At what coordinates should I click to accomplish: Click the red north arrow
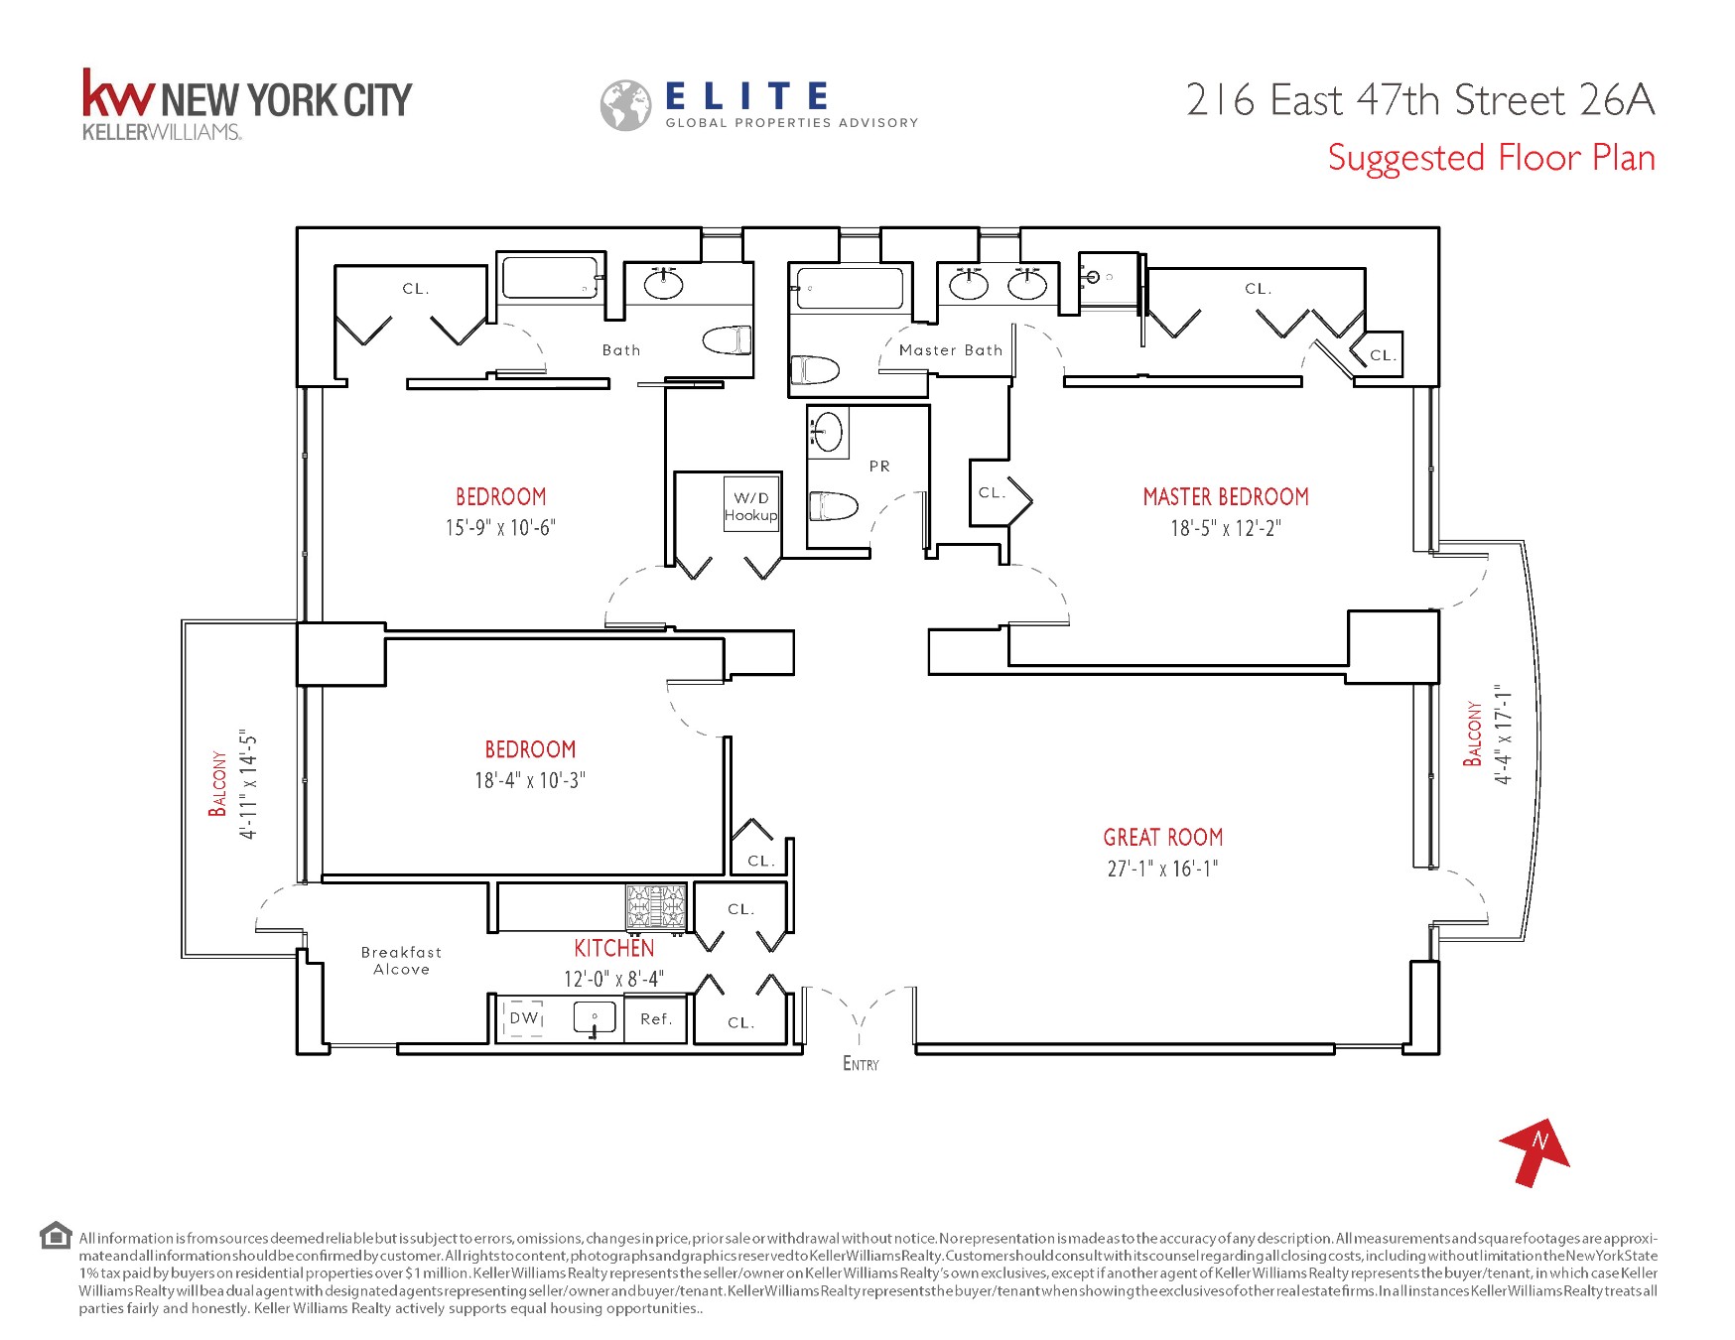[1535, 1151]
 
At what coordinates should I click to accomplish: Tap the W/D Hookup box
[750, 506]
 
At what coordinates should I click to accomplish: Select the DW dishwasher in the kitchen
[523, 1018]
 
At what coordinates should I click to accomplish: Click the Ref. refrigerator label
[656, 1019]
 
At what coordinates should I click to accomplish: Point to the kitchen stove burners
[655, 906]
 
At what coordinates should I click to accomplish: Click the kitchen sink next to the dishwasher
[595, 1018]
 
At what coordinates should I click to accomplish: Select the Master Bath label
[950, 350]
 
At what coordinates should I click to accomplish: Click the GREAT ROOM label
[1162, 838]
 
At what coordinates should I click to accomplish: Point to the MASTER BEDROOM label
[1225, 497]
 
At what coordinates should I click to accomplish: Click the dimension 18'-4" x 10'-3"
[530, 781]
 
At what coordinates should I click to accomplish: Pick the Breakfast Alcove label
[401, 961]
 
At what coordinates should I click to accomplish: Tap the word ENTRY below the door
[861, 1064]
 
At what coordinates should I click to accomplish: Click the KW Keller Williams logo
[246, 103]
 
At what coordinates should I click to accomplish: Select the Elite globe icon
[625, 105]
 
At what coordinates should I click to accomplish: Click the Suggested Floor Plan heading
[1491, 159]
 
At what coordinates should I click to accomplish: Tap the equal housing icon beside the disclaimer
[56, 1236]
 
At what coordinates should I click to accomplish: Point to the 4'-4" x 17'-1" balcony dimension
[1505, 735]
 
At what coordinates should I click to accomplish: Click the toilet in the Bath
[728, 340]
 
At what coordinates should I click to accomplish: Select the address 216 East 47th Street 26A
[1419, 100]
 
